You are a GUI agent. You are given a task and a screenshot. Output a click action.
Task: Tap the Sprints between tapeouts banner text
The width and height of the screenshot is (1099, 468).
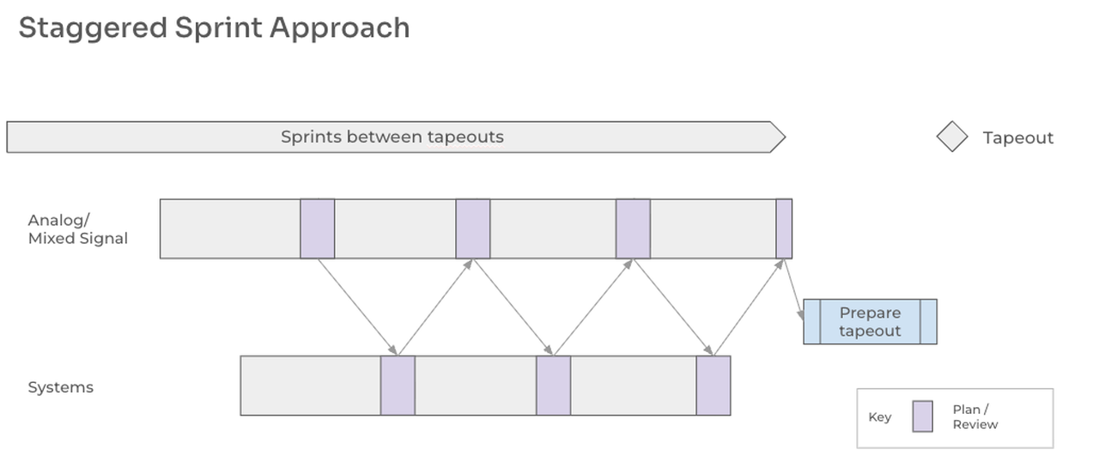[x=392, y=137]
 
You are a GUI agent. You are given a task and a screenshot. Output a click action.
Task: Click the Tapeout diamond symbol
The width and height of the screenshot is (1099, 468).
[x=951, y=137]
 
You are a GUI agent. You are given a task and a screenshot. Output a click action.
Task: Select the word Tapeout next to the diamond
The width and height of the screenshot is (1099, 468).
[x=1017, y=138]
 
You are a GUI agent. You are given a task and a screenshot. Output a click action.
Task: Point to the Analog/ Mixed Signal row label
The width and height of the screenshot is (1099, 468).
[x=77, y=230]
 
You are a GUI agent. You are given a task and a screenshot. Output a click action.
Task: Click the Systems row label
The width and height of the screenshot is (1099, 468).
[x=60, y=387]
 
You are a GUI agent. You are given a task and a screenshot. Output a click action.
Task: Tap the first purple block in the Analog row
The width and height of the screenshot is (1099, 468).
[x=317, y=228]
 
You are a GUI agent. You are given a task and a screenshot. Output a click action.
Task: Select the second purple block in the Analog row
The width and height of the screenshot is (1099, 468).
[x=472, y=228]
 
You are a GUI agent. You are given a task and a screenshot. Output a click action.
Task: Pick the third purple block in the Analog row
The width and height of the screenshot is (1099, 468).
[x=633, y=228]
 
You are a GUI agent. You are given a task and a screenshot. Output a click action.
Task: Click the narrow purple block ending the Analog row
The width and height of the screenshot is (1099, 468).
[x=784, y=228]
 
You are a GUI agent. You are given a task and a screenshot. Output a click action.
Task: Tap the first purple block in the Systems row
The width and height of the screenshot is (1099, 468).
[x=398, y=386]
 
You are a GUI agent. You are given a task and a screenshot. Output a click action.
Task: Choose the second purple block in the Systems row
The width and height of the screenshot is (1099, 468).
[x=553, y=386]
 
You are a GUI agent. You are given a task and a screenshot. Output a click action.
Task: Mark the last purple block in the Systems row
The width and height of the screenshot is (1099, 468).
[x=713, y=386]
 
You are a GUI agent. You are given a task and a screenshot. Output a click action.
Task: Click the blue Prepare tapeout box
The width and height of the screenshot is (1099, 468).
[x=870, y=322]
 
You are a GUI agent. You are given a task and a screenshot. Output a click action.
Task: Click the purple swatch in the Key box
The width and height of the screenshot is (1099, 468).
[x=922, y=416]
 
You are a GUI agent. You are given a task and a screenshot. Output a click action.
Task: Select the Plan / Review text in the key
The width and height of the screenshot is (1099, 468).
[x=975, y=417]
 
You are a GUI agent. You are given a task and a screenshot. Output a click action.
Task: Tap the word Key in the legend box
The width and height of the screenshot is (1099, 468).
[x=880, y=417]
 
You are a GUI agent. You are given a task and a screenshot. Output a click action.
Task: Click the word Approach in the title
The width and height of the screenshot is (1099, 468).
[x=339, y=28]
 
